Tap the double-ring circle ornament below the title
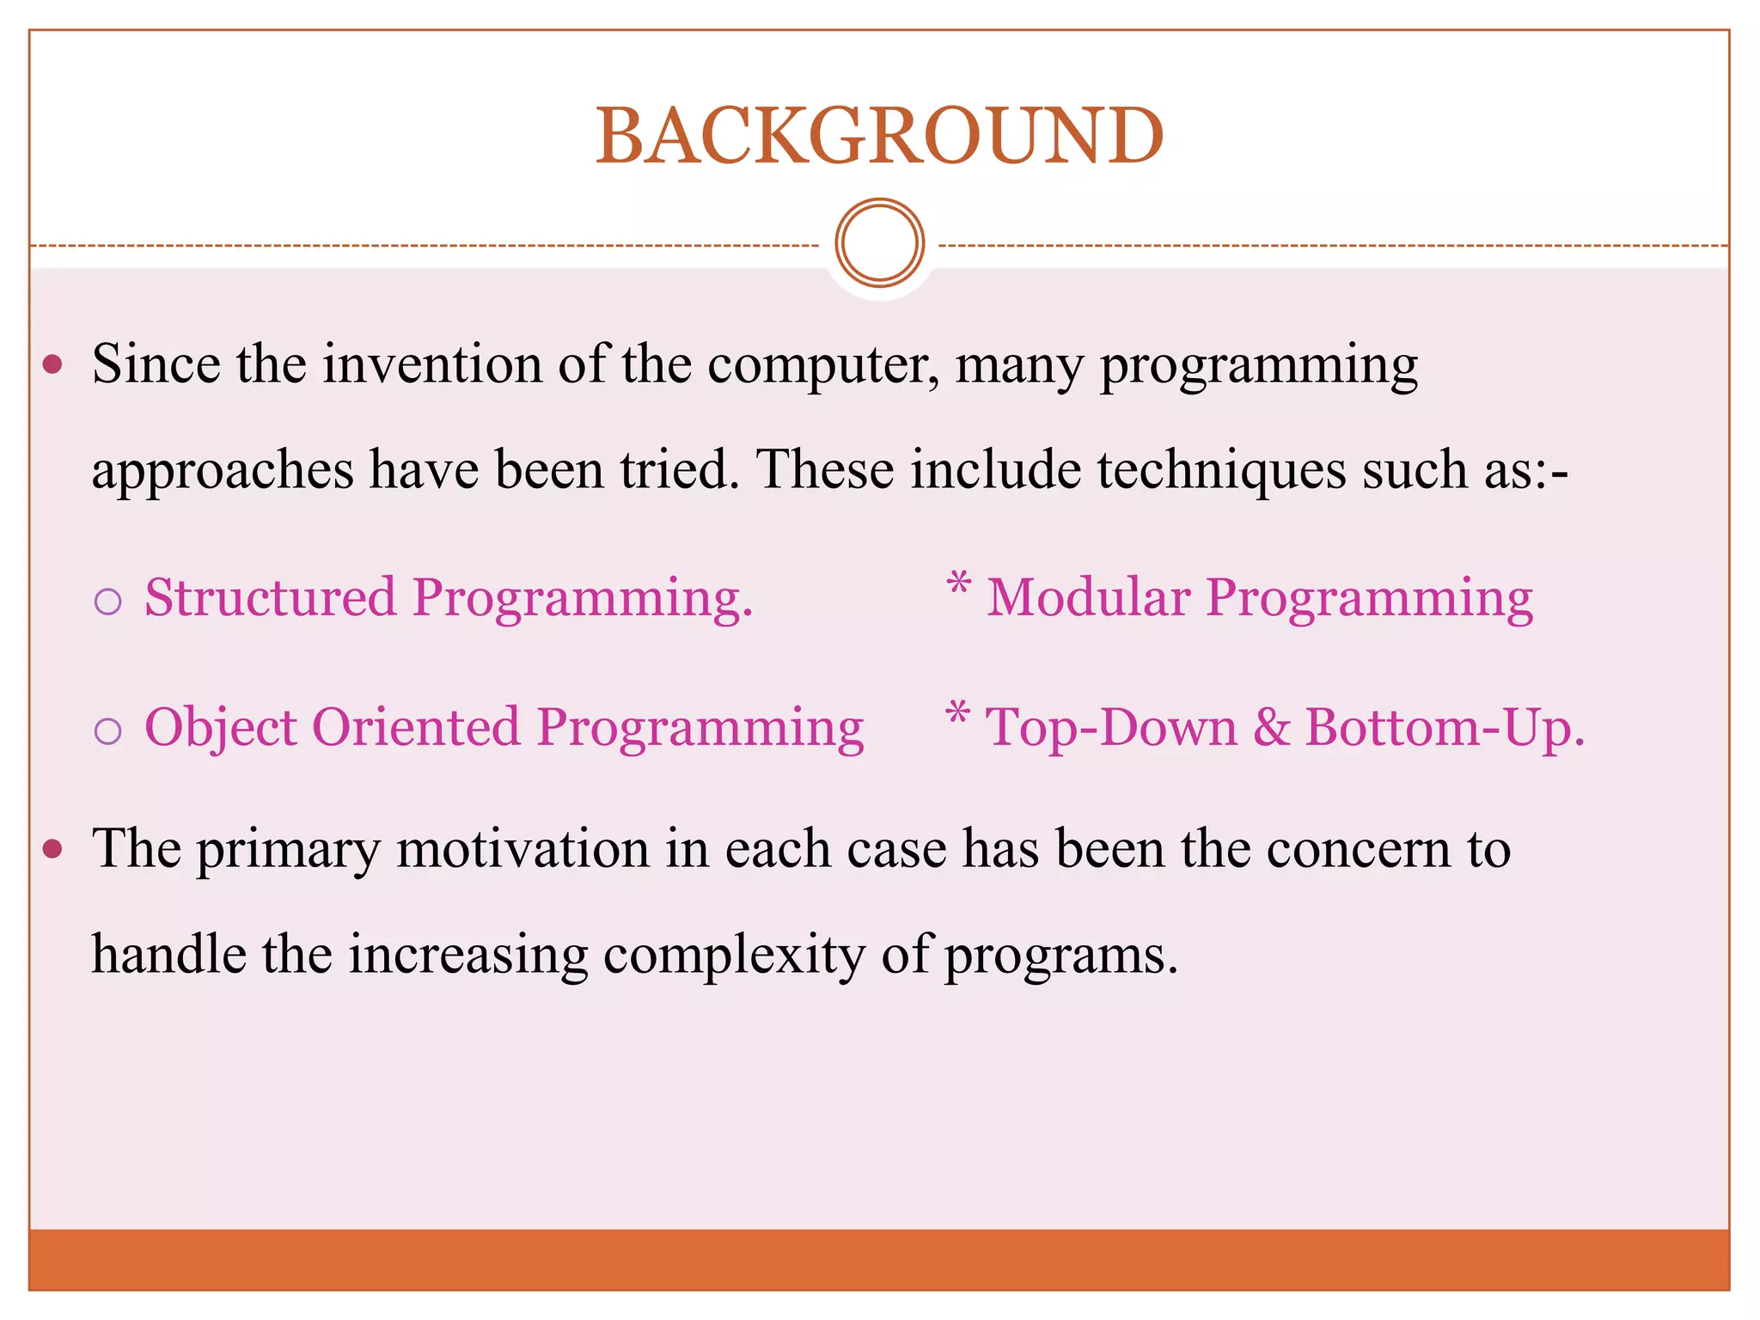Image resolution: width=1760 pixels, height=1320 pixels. [879, 243]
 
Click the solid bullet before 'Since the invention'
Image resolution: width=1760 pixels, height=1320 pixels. [53, 365]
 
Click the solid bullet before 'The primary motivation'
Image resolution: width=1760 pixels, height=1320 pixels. [53, 850]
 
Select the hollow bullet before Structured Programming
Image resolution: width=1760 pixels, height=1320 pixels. [108, 602]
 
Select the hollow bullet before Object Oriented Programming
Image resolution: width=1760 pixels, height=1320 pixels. [108, 731]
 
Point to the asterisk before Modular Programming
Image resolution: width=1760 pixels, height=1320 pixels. [958, 585]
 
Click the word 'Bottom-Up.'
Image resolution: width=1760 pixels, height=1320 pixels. [1445, 729]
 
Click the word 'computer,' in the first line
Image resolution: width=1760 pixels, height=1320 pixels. [823, 366]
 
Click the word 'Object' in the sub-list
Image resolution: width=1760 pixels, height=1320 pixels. [220, 729]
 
